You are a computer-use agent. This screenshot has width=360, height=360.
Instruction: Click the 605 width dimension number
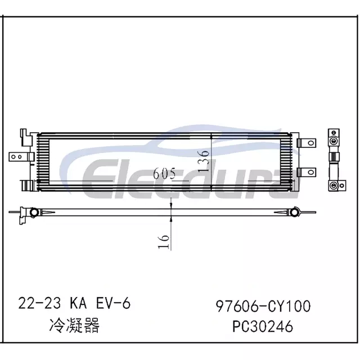pos(164,173)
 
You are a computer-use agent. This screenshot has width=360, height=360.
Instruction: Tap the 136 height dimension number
pos(204,161)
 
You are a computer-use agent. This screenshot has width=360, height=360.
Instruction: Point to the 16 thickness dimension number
pos(164,242)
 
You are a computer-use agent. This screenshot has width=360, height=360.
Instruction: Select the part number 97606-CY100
pos(263,306)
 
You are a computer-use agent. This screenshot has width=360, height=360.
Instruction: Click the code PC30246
pos(263,326)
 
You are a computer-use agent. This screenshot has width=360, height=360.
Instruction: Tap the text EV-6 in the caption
pos(113,303)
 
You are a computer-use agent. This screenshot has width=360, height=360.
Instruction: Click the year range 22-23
pos(39,303)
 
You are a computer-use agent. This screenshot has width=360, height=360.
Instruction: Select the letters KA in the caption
pos(78,303)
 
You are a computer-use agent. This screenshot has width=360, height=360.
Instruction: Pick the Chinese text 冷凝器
pos(74,325)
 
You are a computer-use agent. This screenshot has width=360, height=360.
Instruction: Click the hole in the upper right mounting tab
pos(311,143)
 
